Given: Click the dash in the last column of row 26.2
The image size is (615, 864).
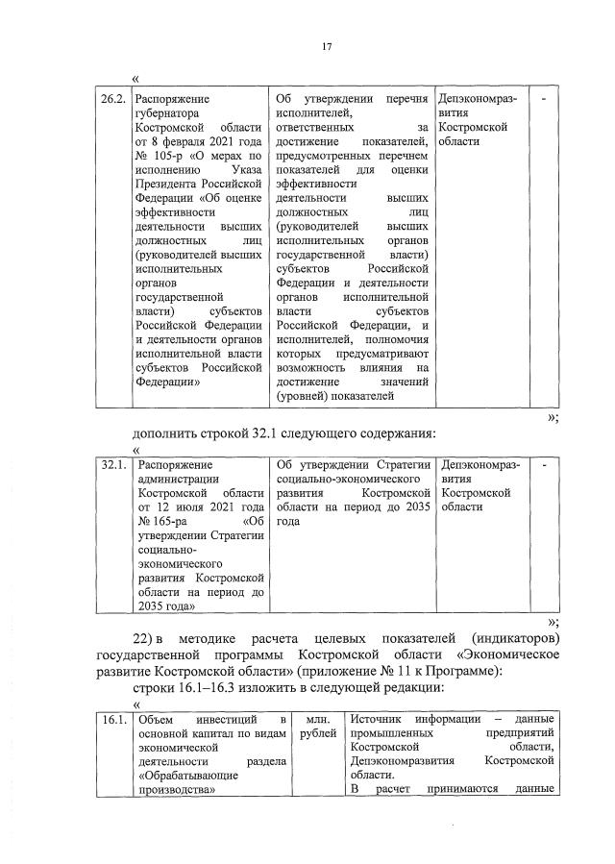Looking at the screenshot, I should click(x=544, y=98).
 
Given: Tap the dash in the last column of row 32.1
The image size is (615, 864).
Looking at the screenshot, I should click(x=544, y=465).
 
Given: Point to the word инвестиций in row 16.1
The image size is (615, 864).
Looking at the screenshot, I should click(x=230, y=720).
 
